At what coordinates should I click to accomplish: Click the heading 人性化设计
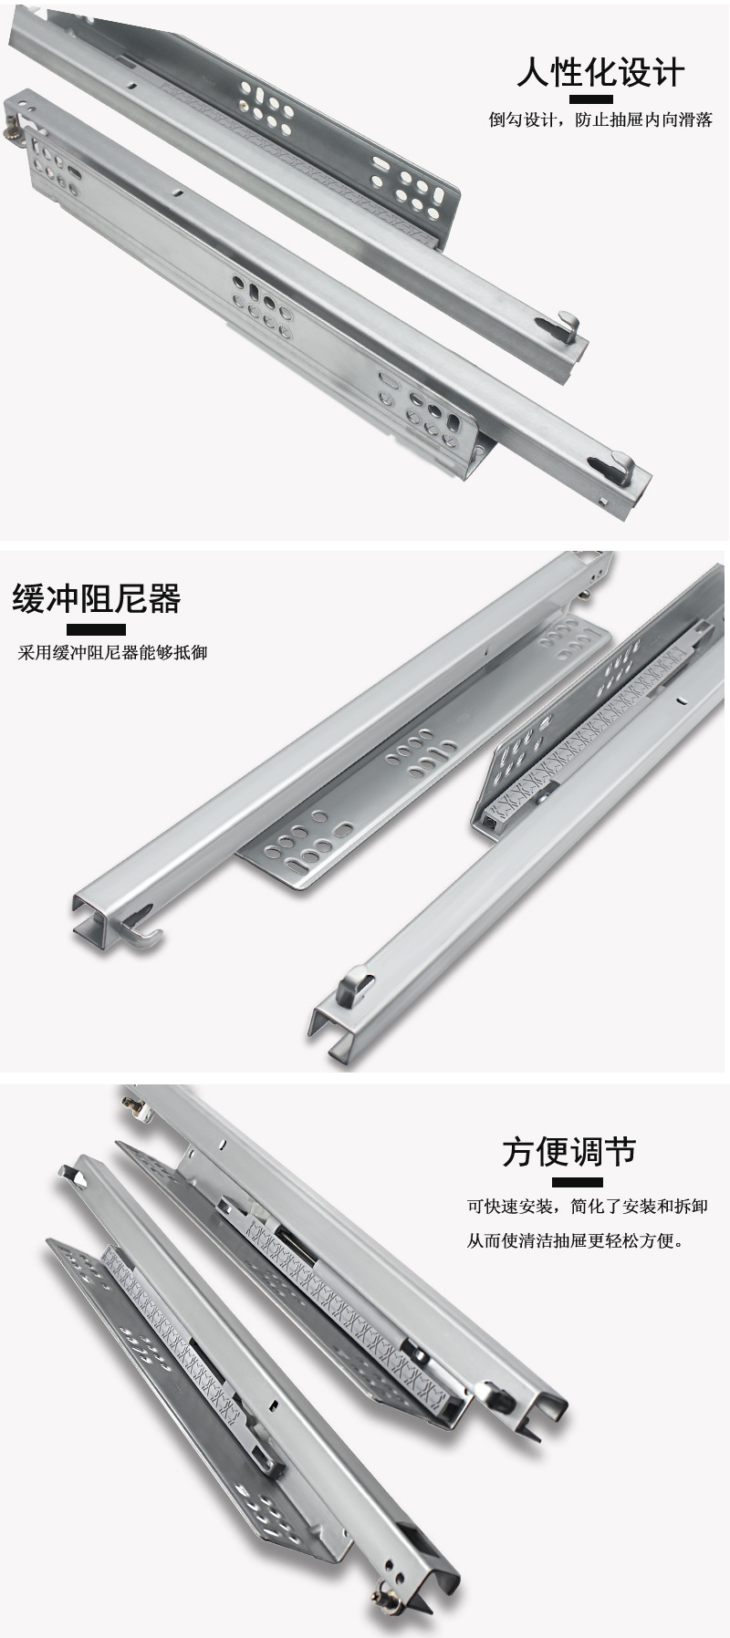(x=600, y=72)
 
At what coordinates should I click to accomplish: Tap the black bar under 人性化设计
(x=600, y=99)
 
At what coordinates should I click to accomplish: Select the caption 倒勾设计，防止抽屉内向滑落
(x=600, y=120)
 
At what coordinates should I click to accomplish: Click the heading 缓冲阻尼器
(x=97, y=600)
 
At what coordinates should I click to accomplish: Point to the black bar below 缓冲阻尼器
(x=97, y=628)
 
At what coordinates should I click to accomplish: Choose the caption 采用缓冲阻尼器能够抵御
(x=112, y=653)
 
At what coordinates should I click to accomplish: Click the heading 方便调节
(x=568, y=1153)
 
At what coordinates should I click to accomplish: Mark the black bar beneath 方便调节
(x=568, y=1180)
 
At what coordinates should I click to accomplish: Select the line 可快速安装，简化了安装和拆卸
(x=588, y=1207)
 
